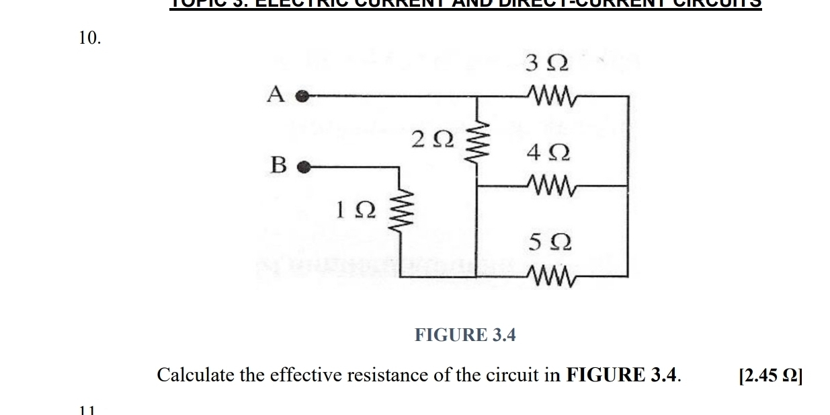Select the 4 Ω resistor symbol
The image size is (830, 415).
coord(550,184)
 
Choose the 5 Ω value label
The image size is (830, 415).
coord(550,243)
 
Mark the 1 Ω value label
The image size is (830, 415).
coord(356,211)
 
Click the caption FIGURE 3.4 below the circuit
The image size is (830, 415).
coord(465,335)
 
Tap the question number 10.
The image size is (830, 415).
coord(90,38)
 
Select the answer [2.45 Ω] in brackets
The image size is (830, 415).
coord(770,375)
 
